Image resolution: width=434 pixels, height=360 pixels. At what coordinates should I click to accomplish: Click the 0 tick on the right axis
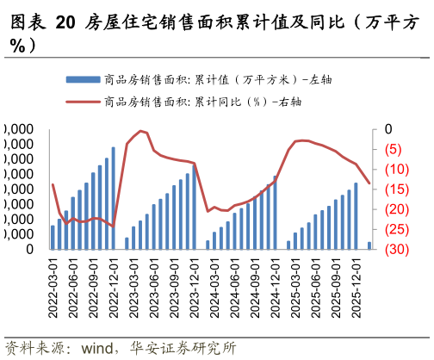[x=388, y=129]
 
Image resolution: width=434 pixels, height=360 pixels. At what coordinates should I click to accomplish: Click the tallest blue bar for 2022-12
[x=113, y=199]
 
